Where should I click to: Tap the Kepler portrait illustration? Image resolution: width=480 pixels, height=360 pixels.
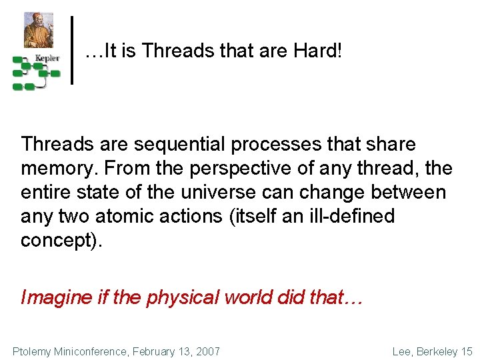39,29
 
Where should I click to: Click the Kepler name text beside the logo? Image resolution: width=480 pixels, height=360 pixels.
47,59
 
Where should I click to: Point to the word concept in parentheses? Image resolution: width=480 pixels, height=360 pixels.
59,241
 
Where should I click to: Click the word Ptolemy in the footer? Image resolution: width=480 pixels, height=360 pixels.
33,351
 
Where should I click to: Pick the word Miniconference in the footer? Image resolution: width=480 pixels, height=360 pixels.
97,351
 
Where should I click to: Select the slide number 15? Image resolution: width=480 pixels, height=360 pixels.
467,351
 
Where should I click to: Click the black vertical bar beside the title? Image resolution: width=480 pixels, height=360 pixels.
72,50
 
